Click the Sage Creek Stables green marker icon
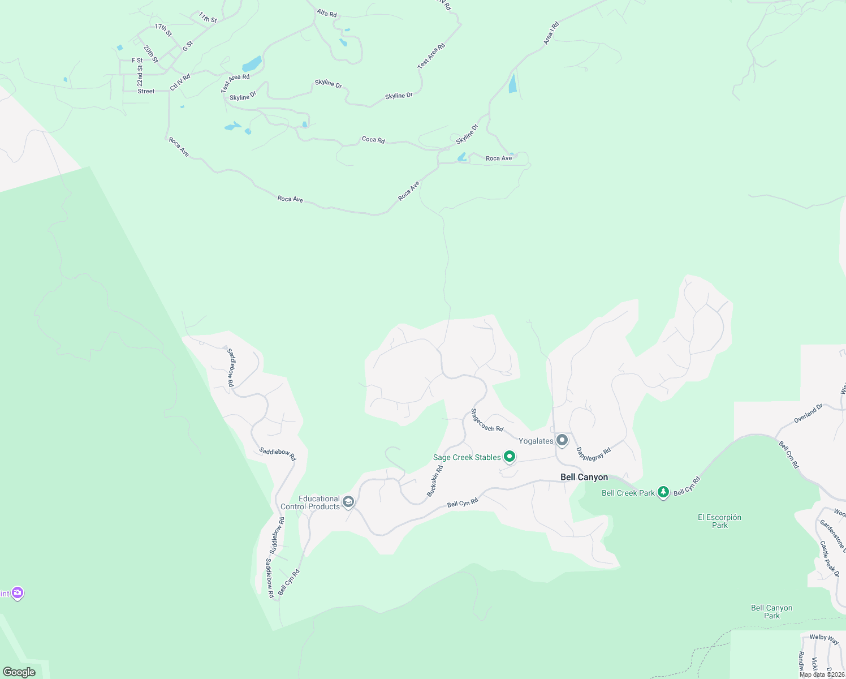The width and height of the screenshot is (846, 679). (x=509, y=456)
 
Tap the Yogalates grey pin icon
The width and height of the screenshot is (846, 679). (x=562, y=440)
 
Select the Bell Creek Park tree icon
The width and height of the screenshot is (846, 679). (x=663, y=492)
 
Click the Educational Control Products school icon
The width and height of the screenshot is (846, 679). (x=348, y=501)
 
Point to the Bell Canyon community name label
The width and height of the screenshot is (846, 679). (x=584, y=477)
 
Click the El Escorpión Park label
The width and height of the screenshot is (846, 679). (x=719, y=521)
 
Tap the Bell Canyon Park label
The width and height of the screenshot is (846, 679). (x=771, y=612)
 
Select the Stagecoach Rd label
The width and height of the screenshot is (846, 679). (x=487, y=420)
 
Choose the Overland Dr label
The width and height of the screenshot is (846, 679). (x=808, y=414)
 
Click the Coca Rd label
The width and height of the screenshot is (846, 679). (x=373, y=139)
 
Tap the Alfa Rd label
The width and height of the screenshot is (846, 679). (x=326, y=12)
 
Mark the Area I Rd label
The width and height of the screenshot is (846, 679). (x=551, y=33)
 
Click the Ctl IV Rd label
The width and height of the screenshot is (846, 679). (x=180, y=82)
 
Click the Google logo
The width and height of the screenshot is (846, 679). (x=19, y=672)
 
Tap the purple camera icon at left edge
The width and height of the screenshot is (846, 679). (x=18, y=592)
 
